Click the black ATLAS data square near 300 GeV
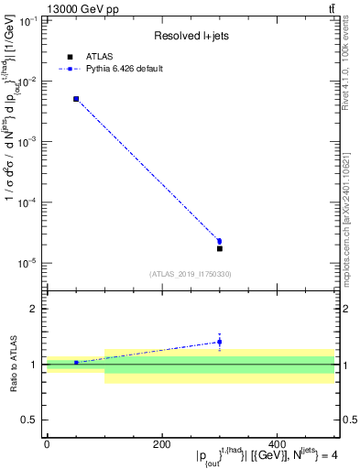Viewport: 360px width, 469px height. (219, 248)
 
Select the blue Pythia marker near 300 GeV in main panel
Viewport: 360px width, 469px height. (219, 241)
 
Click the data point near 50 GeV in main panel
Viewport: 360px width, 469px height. (76, 99)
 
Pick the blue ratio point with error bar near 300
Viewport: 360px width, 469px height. (219, 342)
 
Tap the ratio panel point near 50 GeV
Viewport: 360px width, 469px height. (76, 363)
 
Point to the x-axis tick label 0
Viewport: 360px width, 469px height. (47, 444)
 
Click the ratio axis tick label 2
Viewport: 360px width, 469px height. (34, 309)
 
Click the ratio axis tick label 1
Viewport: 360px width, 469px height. (34, 365)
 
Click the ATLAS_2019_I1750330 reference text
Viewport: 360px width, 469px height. (191, 274)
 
